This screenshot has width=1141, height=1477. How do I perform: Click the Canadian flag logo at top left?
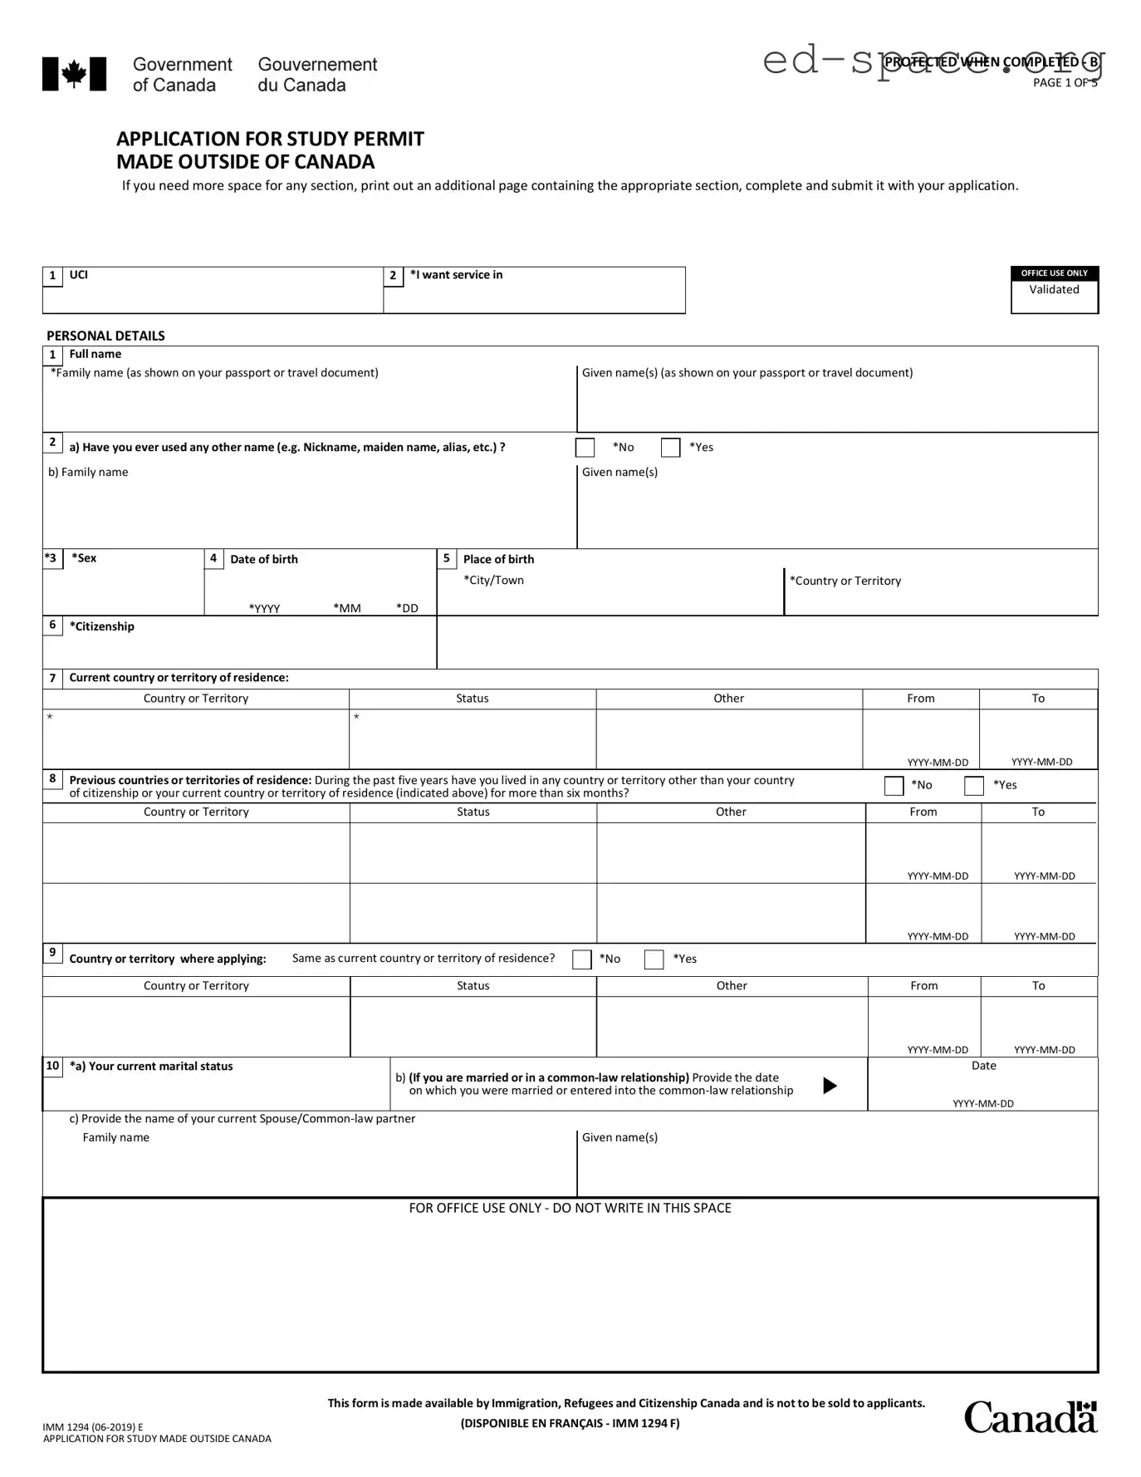74,74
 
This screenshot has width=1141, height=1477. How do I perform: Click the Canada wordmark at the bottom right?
1030,1417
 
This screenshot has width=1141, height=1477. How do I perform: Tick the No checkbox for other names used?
585,448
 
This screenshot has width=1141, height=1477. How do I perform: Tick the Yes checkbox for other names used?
670,448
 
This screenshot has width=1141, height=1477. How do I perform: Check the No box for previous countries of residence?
894,786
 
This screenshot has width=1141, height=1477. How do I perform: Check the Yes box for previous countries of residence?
973,786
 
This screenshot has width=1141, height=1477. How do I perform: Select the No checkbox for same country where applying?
581,959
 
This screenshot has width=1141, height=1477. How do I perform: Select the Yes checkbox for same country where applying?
654,959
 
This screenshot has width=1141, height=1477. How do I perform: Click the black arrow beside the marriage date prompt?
829,1086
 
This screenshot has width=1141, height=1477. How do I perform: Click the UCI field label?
78,275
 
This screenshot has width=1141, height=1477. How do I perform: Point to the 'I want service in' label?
456,275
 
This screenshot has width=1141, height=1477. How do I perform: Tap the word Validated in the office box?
1054,290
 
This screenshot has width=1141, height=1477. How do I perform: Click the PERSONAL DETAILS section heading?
105,336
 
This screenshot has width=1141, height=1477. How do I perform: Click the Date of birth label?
263,559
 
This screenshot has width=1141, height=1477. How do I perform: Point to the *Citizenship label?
101,626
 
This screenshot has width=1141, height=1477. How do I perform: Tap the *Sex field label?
84,558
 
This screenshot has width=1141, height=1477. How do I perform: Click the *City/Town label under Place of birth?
493,581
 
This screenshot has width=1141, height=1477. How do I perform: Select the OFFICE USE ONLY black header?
1054,273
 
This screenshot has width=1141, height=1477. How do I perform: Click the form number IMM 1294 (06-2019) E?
93,1427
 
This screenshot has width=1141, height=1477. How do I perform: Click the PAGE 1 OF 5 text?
1065,82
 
